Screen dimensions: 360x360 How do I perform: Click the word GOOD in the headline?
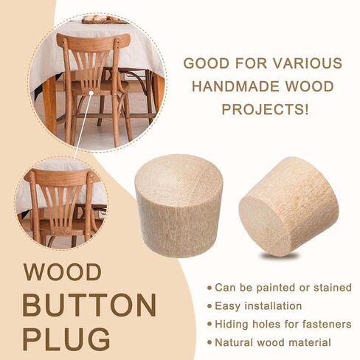[x=207, y=63]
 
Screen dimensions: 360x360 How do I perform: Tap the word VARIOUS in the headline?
[x=308, y=63]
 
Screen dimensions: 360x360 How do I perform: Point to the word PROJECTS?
[x=265, y=109]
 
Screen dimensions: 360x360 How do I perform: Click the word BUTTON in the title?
[x=89, y=305]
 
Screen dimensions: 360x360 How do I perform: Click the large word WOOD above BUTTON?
[x=62, y=272]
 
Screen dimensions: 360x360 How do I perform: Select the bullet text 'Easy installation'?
[x=258, y=306]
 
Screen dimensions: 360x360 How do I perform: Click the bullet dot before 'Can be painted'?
[x=210, y=288]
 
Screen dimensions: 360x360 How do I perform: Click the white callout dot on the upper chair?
[x=91, y=93]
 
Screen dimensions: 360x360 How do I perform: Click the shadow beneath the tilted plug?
[x=278, y=257]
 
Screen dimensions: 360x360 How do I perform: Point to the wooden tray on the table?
[x=105, y=20]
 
